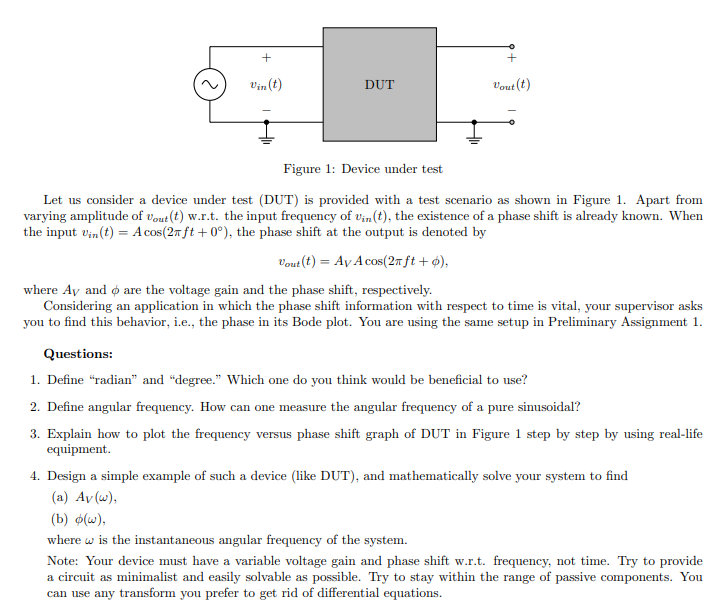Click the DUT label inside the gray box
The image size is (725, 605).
click(379, 85)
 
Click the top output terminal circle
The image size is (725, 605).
click(511, 46)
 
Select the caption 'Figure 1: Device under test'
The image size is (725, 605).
click(362, 169)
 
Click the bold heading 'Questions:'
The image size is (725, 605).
click(78, 354)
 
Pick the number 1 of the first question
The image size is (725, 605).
click(35, 379)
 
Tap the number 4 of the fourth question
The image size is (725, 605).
click(35, 476)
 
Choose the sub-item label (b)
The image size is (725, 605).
click(59, 518)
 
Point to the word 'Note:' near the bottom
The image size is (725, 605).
click(63, 561)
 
